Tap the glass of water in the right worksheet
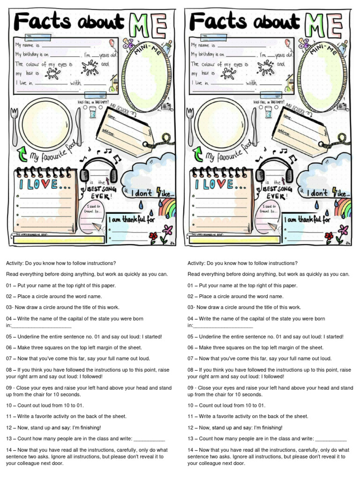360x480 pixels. (x=268, y=112)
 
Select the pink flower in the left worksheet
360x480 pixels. (x=167, y=230)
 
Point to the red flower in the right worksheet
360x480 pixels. (x=329, y=236)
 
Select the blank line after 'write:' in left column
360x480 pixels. (x=149, y=439)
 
